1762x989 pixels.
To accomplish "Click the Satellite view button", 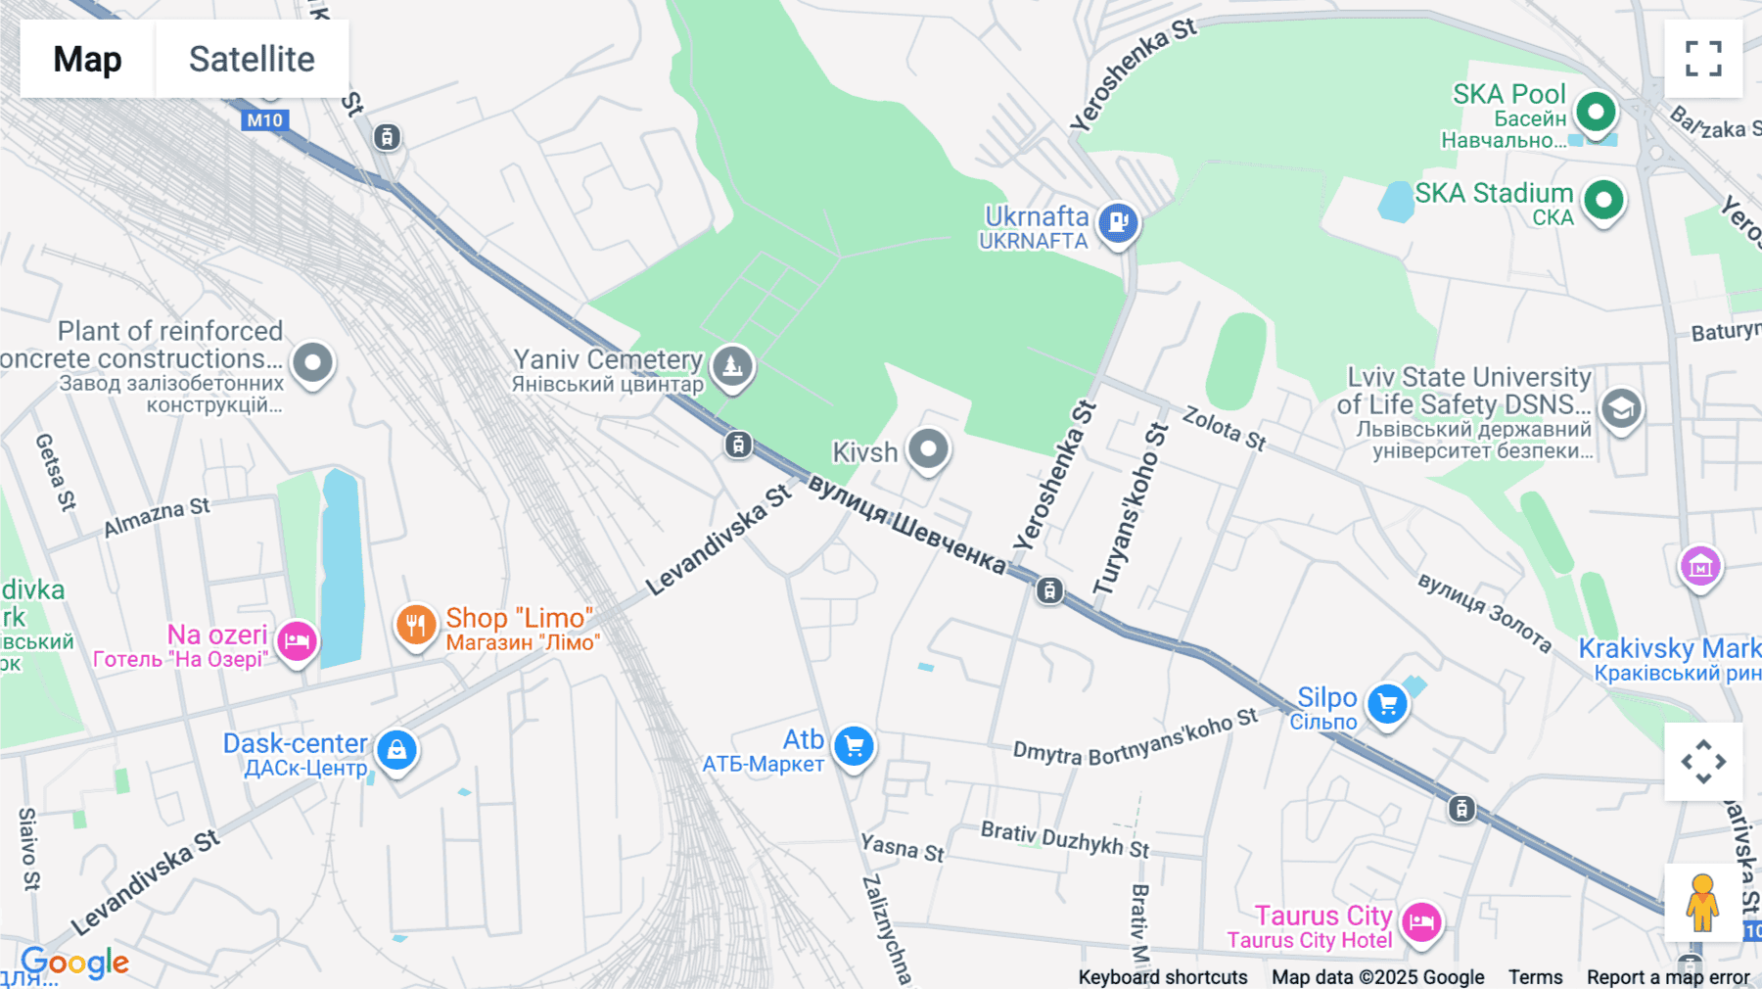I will [252, 59].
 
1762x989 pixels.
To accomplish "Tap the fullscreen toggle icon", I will [1703, 59].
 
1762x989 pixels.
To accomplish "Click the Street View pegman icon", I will [1702, 903].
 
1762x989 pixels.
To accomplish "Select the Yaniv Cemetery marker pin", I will [732, 366].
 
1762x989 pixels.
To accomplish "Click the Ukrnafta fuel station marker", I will [1118, 222].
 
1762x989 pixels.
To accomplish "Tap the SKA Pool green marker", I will [1596, 112].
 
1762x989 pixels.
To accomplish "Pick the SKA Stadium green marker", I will [1603, 200].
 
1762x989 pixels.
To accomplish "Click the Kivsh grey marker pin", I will [928, 449].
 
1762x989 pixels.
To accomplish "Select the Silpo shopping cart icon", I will [1387, 704].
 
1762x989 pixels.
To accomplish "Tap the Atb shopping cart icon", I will [854, 747].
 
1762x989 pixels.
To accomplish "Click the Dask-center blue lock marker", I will [396, 750].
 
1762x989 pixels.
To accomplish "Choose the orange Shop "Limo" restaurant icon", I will [416, 624].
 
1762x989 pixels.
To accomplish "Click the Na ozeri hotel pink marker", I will [297, 641].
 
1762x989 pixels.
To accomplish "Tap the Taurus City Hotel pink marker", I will [1421, 921].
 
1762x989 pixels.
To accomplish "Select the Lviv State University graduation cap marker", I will [1621, 407].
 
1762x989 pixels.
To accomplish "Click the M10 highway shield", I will [264, 120].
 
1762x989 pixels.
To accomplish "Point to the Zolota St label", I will [1224, 428].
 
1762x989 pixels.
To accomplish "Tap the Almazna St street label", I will [157, 517].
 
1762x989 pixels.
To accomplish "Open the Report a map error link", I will [1668, 977].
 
